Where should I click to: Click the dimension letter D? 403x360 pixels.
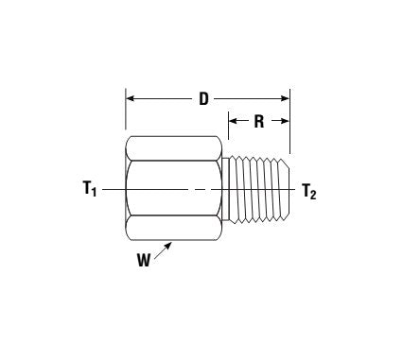pos(203,99)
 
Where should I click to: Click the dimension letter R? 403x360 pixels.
pos(256,122)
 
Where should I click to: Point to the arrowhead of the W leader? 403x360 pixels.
pos(170,243)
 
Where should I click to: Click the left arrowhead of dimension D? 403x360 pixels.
pos(130,98)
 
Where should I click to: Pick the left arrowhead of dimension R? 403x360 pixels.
pos(231,121)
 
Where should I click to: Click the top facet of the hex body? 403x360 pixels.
pos(177,149)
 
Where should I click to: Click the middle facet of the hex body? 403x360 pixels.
pos(177,190)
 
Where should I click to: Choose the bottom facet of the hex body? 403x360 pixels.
pos(177,230)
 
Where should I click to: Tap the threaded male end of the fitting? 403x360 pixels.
pos(258,190)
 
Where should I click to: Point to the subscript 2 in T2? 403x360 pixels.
pos(314,195)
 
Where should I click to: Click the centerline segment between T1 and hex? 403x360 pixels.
pos(114,190)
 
